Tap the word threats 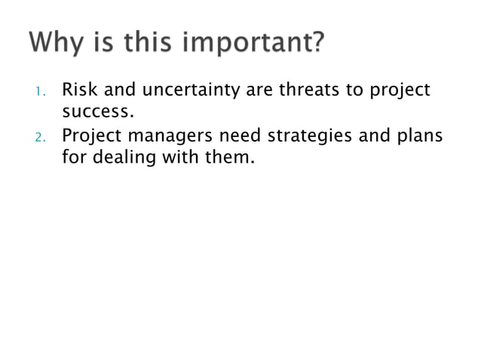click(311, 90)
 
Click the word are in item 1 click(260, 91)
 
